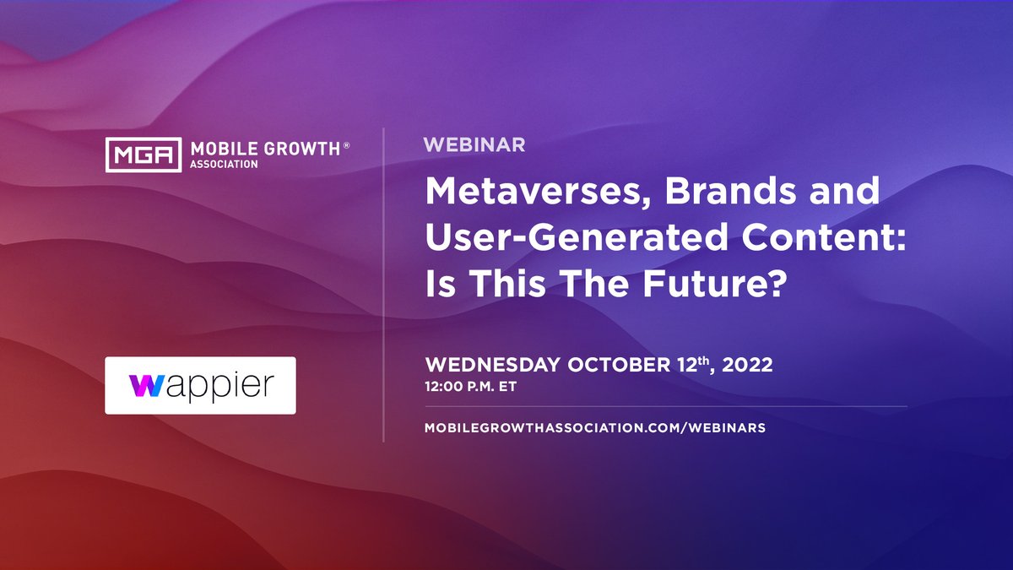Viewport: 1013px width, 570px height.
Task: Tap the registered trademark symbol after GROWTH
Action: coord(345,147)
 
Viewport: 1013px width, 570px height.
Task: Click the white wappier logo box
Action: coord(200,385)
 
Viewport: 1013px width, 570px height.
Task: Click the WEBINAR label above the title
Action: coord(474,145)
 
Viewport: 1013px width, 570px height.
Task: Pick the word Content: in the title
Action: coord(815,240)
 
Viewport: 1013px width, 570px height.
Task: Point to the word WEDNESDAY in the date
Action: coord(492,366)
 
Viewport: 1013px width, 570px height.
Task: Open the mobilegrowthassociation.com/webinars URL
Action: coord(595,427)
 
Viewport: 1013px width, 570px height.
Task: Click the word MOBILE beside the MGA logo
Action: coord(221,149)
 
